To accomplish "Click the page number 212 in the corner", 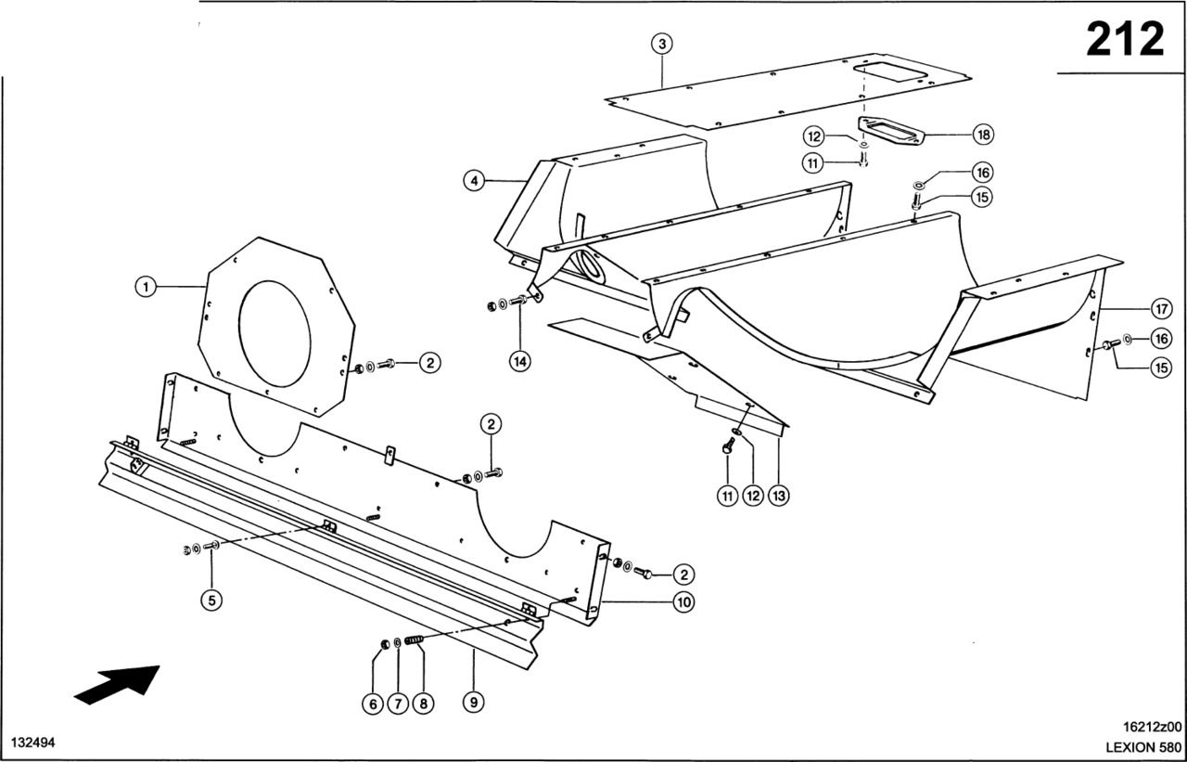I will [1124, 40].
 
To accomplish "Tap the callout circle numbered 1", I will [145, 288].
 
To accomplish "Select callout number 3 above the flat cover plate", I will [661, 44].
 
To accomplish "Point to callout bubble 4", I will [474, 182].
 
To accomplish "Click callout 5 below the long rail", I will [211, 601].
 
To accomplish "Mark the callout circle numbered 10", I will [683, 602].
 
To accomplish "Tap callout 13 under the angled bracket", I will [779, 497].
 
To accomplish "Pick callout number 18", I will [983, 135].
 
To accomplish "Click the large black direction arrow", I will [116, 684].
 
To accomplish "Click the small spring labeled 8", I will [415, 639].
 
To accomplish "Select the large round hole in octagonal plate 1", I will [274, 335].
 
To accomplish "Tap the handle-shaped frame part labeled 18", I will [894, 130].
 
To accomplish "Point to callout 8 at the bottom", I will [422, 704].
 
